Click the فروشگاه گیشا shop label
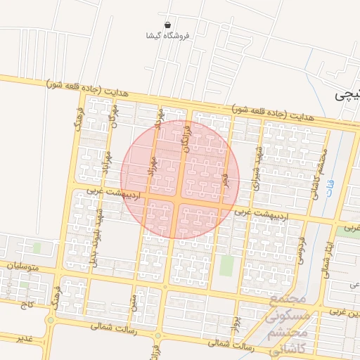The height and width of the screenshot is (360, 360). pos(166,35)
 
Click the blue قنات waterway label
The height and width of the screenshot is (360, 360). pos(331,190)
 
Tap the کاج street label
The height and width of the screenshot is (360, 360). pos(27,304)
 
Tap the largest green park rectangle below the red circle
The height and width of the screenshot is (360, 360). pos(226,266)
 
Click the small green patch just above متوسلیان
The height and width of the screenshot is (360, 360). pos(37,247)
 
